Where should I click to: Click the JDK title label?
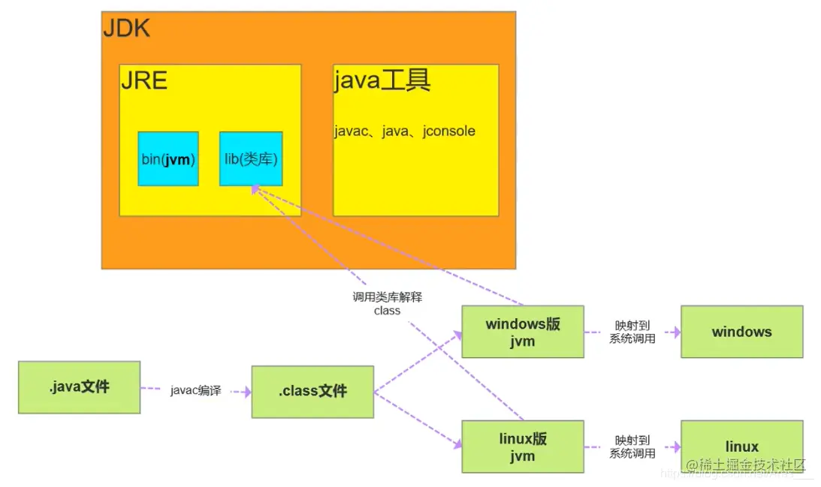(x=126, y=29)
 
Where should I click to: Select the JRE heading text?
(x=143, y=80)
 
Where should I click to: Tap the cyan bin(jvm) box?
(x=168, y=159)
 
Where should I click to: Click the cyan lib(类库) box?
(x=251, y=159)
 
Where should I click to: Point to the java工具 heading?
(x=382, y=80)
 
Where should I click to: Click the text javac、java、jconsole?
(x=405, y=131)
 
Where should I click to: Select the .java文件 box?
(x=79, y=387)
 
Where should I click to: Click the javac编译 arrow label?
(x=195, y=391)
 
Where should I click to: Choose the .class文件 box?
(x=312, y=391)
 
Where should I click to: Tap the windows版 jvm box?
(x=522, y=332)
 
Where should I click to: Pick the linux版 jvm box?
(x=522, y=446)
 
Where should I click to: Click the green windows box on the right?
(x=741, y=332)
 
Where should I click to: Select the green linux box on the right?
(x=741, y=446)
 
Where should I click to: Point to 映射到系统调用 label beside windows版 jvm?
(x=632, y=332)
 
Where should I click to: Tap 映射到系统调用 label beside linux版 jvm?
(x=632, y=446)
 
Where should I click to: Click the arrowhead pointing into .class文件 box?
(x=246, y=391)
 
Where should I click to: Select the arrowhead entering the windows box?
(x=675, y=332)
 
